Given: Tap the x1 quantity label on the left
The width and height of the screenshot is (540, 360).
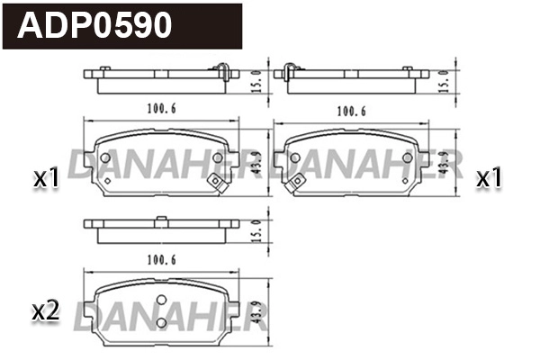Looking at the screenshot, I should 45,179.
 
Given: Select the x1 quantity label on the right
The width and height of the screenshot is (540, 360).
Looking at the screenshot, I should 488,178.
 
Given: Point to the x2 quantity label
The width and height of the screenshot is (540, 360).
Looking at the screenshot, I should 45,312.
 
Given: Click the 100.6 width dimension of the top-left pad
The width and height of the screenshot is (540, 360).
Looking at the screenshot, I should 161,110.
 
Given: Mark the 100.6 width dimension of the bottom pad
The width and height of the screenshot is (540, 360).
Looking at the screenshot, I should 161,260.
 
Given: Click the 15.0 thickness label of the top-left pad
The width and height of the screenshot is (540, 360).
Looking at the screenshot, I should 256,79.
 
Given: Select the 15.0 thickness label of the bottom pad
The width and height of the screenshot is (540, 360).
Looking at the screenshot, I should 256,229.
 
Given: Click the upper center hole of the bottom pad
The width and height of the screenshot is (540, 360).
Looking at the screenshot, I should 161,301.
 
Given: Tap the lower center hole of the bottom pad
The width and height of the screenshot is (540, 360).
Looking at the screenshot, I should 161,321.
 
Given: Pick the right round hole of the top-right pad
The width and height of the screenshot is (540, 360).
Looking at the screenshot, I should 409,158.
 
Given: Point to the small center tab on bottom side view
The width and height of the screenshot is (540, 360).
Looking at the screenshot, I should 159,220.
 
